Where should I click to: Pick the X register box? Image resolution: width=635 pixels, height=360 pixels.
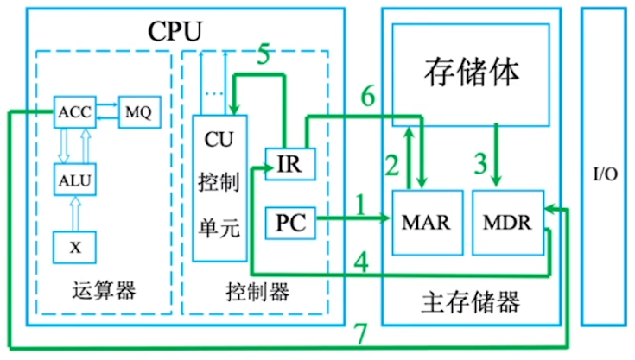(x=75, y=246)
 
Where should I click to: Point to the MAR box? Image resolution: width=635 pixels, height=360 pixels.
(x=426, y=221)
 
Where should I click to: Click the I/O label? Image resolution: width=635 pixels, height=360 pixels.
(x=606, y=174)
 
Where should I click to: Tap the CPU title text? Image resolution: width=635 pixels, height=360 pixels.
(x=175, y=32)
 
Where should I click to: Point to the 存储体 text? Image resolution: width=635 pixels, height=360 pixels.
(x=472, y=71)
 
